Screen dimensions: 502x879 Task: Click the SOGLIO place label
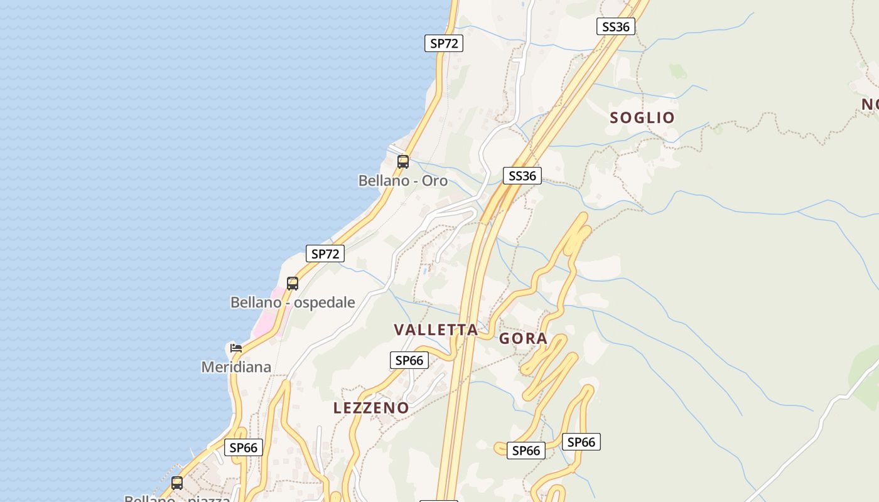[642, 117]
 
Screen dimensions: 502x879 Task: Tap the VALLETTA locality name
[436, 330]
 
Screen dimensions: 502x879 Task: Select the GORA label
[523, 339]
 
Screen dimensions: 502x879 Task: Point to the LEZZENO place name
[371, 408]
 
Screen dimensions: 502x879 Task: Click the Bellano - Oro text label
[403, 181]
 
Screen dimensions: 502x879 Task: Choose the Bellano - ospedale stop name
[293, 302]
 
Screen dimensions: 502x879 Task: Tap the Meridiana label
[236, 367]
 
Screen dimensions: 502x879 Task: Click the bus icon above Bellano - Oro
[403, 162]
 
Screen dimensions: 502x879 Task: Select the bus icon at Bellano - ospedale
[293, 284]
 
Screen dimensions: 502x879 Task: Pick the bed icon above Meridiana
[236, 348]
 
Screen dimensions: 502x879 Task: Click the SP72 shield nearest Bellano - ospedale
[325, 254]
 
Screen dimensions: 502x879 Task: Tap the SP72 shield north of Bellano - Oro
[444, 43]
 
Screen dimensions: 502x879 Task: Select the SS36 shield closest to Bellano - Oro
[522, 176]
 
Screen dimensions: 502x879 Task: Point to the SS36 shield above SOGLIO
[615, 26]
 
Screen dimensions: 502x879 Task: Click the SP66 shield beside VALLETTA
[409, 360]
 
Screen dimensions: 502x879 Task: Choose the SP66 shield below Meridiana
[244, 447]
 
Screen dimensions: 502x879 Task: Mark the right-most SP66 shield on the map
[581, 442]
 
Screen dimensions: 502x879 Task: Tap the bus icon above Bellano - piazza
[177, 483]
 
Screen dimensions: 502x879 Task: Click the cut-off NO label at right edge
[870, 105]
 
